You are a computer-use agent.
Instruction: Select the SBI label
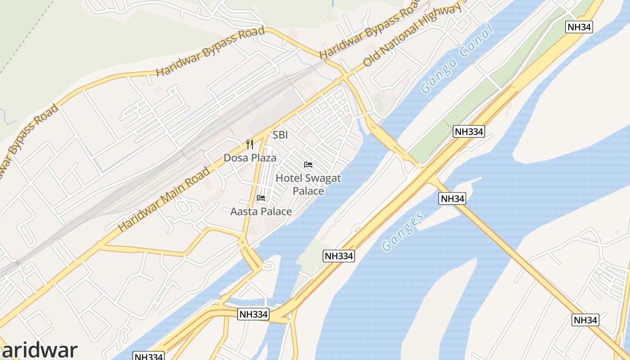(280, 135)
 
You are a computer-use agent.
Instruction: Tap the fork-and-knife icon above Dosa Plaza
(250, 144)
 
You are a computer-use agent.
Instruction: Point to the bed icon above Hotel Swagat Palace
(308, 165)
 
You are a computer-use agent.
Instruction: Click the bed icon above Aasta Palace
(261, 198)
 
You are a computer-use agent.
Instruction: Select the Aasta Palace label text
(261, 211)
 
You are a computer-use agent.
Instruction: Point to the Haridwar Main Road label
(164, 199)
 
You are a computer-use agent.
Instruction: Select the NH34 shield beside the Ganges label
(452, 198)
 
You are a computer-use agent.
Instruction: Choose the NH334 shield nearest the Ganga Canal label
(468, 131)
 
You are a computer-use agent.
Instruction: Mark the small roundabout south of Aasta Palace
(243, 243)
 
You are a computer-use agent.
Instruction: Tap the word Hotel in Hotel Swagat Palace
(288, 178)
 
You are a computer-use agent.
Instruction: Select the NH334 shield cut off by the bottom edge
(148, 356)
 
